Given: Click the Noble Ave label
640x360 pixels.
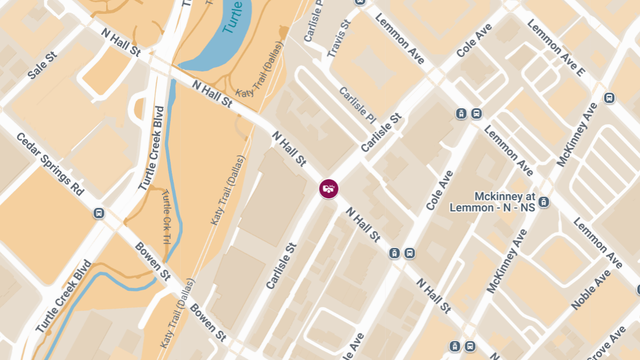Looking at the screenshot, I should pos(591,289).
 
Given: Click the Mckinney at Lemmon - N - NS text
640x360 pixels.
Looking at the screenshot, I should pos(493,202).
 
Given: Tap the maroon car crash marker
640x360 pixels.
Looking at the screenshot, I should pos(329,189).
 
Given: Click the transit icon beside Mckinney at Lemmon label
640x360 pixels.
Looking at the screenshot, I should pos(544,202).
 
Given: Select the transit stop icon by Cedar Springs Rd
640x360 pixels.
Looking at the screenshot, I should pos(99,213).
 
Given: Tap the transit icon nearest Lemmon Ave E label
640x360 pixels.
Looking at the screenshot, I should pos(609,98).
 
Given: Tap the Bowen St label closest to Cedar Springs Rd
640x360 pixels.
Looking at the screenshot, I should pos(152,261).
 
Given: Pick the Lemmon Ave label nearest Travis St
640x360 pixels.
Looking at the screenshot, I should pos(400,39).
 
